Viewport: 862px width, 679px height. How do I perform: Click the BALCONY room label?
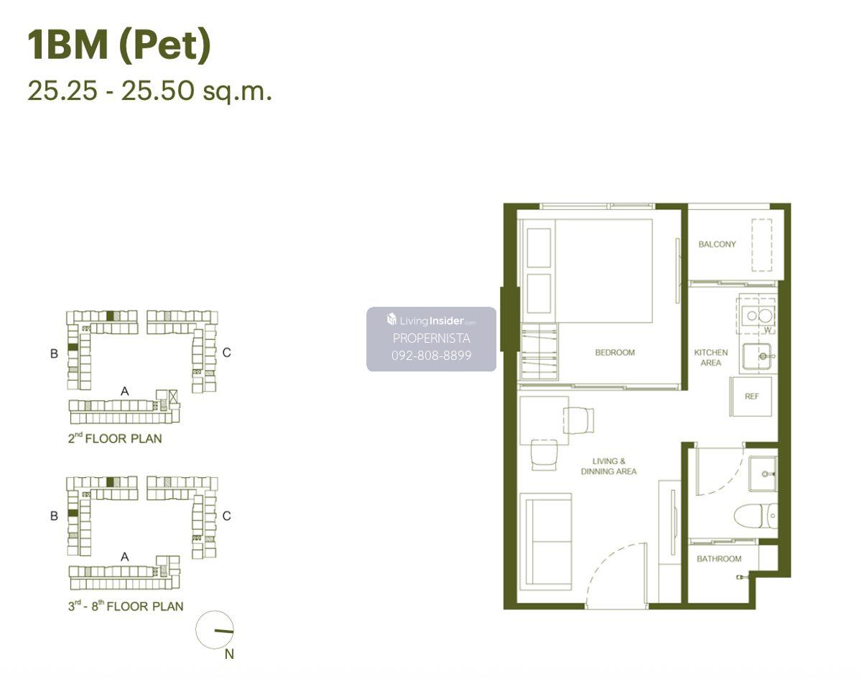click(x=717, y=244)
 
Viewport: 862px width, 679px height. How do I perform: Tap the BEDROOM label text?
click(x=615, y=352)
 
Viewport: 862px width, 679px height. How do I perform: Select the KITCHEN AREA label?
click(x=711, y=358)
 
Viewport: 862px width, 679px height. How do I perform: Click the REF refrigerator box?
click(x=750, y=397)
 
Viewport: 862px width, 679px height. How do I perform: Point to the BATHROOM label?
click(x=719, y=559)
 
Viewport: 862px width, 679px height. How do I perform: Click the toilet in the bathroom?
click(x=756, y=516)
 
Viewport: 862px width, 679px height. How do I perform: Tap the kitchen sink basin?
click(x=757, y=356)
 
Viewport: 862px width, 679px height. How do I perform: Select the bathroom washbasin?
click(x=763, y=474)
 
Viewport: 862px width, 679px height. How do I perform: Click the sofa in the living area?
click(x=545, y=542)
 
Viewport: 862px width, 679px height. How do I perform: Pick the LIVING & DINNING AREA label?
click(x=608, y=466)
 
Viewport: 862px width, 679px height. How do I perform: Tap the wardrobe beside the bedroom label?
click(x=539, y=351)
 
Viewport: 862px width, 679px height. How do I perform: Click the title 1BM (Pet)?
click(x=119, y=45)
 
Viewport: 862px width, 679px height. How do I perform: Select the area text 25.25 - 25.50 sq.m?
click(x=150, y=91)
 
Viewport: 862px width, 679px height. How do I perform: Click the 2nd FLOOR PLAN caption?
click(x=115, y=438)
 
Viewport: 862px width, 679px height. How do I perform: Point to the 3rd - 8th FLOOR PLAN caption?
click(x=126, y=606)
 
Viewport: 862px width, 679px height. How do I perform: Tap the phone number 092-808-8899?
click(x=432, y=356)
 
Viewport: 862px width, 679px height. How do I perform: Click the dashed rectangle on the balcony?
click(x=762, y=245)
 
